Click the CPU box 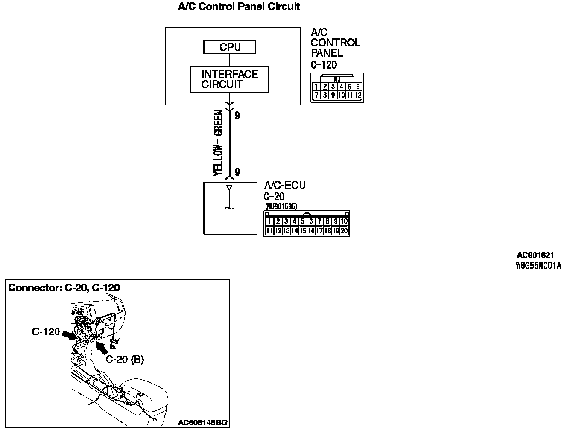(230, 47)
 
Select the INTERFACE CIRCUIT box (229, 79)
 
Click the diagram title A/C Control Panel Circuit (239, 7)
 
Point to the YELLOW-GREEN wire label (218, 143)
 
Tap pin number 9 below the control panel (237, 115)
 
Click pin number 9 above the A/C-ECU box (237, 172)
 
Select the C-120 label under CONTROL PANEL (324, 65)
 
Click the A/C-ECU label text (285, 186)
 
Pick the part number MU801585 (281, 207)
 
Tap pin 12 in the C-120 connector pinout (358, 95)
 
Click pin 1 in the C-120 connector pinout (316, 87)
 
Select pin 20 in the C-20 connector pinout (344, 231)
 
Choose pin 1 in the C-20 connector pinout (269, 221)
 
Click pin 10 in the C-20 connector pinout (344, 221)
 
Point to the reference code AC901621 (535, 256)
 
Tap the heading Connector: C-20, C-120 (64, 288)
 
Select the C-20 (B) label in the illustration (125, 360)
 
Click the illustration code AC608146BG (203, 423)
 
